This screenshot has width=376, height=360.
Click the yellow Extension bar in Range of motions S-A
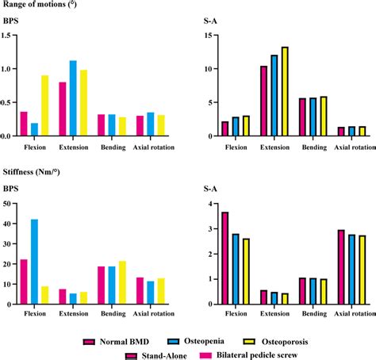(x=285, y=91)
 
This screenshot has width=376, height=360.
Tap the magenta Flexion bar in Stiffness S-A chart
(x=225, y=258)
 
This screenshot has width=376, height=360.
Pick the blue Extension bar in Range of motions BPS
(x=95, y=98)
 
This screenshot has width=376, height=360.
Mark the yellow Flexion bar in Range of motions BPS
(x=44, y=105)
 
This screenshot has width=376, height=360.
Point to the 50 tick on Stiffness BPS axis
(x=8, y=203)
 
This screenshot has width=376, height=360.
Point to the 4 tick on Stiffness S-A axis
(x=208, y=204)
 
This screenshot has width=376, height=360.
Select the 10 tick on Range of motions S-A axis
(x=205, y=69)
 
